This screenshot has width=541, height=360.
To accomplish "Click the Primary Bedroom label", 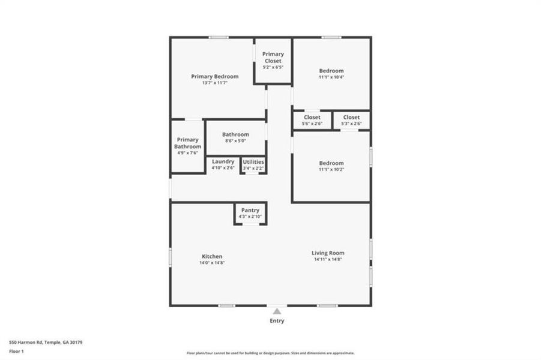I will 214,76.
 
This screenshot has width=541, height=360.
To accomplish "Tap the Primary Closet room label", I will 273,57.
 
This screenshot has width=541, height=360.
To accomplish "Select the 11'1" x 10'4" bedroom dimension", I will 331,77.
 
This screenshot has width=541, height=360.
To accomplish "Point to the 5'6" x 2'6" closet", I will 312,120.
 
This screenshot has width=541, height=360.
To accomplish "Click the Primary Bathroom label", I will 187,143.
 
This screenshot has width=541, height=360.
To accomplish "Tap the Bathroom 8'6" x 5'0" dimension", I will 235,141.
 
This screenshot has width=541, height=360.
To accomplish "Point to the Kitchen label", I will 211,256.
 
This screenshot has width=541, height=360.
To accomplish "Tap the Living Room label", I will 328,253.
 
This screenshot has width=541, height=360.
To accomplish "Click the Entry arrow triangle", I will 276,311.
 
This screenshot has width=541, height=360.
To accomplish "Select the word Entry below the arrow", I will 276,320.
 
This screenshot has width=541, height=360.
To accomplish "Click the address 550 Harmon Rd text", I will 45,342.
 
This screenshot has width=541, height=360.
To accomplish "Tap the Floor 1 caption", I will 16,350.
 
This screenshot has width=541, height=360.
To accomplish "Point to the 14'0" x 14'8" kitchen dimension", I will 211,263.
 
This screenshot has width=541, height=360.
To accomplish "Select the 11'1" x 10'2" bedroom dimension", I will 331,169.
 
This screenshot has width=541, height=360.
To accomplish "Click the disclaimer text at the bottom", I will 270,353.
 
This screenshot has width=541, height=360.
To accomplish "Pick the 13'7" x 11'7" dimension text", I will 214,83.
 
